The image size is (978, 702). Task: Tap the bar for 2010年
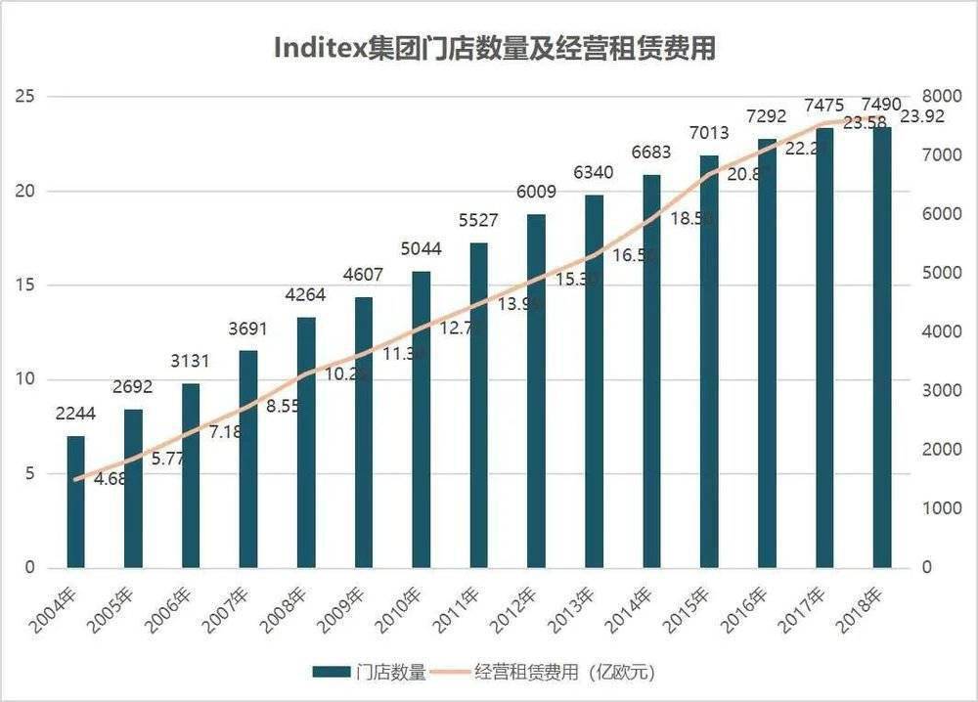[422, 420]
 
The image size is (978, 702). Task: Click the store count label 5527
[478, 221]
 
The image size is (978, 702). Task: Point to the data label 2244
[75, 415]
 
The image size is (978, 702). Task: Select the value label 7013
[709, 133]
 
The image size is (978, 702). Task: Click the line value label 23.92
[922, 116]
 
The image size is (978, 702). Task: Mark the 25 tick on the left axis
[25, 96]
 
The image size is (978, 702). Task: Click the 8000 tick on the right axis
[941, 96]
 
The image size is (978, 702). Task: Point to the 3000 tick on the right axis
[941, 391]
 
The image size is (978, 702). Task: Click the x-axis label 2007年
[231, 608]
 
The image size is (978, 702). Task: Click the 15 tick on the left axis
[25, 285]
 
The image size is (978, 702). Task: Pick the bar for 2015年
[709, 362]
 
